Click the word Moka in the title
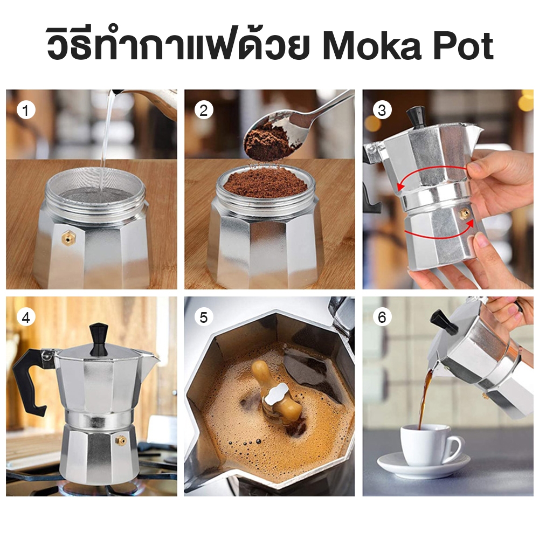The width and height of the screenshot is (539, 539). [371, 46]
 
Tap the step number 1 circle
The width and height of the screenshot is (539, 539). [26, 110]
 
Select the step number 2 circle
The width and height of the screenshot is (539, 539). [204, 110]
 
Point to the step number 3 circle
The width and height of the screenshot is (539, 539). [382, 110]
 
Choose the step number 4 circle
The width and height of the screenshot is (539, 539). [26, 317]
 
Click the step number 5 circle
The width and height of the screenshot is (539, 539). [204, 317]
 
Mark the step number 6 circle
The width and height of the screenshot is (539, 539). [382, 317]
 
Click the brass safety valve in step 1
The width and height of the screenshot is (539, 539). [69, 238]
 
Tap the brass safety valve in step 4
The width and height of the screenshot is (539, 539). [121, 440]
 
